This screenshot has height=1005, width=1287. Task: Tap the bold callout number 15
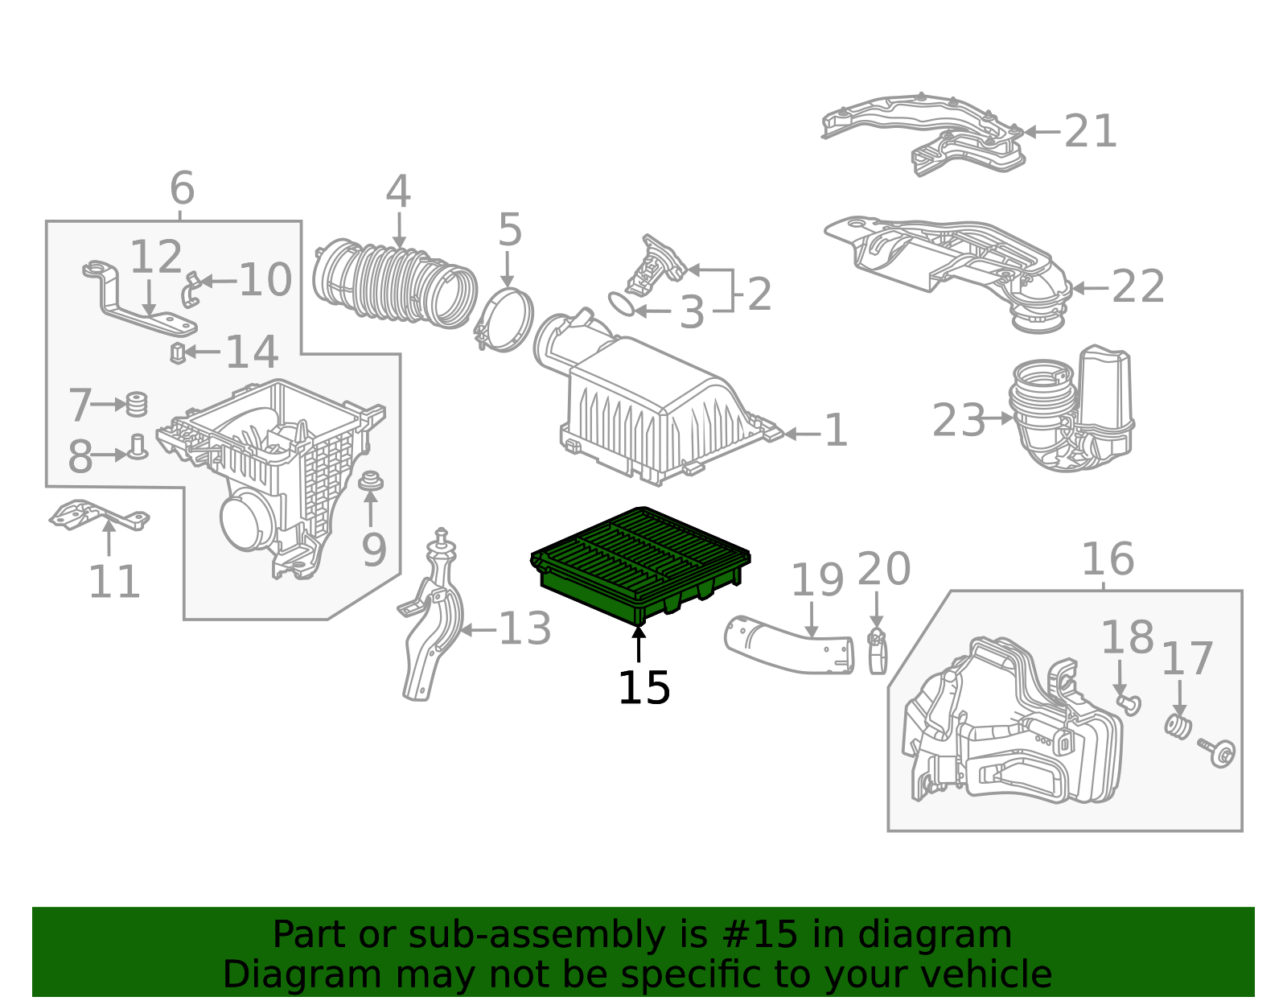click(643, 688)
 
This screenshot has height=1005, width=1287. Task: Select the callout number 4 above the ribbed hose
click(398, 193)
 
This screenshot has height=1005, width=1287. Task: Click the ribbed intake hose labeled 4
click(394, 283)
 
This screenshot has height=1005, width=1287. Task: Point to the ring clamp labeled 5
click(505, 320)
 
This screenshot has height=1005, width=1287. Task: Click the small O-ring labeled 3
click(621, 304)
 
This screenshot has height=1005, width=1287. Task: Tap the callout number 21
click(1091, 131)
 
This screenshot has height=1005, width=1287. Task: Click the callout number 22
click(1137, 287)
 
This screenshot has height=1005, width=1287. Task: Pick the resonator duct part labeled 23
click(1071, 410)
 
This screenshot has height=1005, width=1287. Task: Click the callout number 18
click(1126, 638)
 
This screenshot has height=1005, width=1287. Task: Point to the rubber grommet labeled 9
click(370, 482)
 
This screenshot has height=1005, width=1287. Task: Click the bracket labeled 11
click(98, 516)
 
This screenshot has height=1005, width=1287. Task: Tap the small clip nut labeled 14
click(178, 352)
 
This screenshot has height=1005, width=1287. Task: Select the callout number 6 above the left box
click(182, 189)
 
